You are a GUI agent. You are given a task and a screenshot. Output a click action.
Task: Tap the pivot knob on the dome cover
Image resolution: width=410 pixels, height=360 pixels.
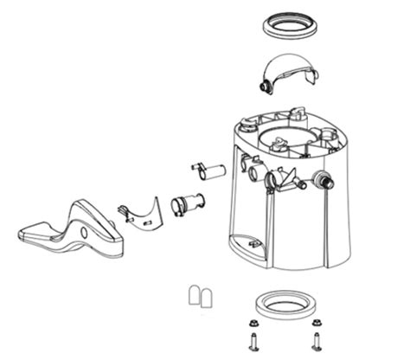(263, 87)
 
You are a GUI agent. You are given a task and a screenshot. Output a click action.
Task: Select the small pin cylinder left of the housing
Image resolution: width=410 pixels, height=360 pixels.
(208, 170)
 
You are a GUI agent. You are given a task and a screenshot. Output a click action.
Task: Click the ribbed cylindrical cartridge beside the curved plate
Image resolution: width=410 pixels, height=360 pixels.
(187, 205)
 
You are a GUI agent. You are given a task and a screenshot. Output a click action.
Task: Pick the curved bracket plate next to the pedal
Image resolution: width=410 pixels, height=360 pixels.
(146, 213)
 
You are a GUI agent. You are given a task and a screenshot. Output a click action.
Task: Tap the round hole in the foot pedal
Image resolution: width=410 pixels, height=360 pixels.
(84, 233)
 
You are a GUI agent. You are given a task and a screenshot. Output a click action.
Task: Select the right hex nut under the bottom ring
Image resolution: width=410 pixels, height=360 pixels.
(315, 325)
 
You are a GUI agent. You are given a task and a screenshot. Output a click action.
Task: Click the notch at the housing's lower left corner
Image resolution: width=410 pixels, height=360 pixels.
(250, 244)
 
